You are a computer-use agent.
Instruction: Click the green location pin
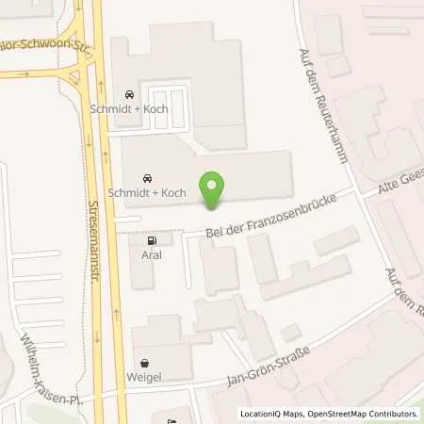(x=213, y=189)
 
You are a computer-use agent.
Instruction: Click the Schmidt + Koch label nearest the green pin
(x=146, y=194)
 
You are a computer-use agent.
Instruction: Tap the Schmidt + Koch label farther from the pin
(x=129, y=110)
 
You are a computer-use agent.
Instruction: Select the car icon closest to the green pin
(x=146, y=178)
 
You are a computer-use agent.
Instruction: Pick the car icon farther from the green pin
(x=129, y=94)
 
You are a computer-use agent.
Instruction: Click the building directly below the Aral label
(x=141, y=274)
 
